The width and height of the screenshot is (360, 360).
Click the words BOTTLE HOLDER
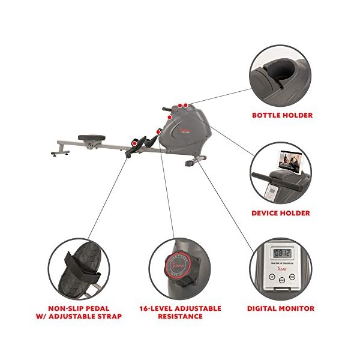tap(282, 115)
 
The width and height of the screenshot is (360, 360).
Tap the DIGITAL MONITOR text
tap(281, 308)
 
